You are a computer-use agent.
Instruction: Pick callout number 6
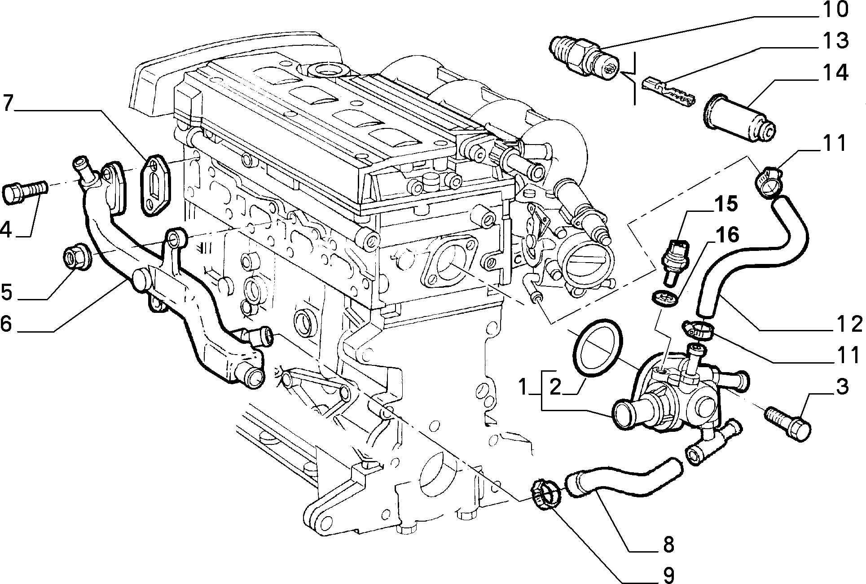click(7, 323)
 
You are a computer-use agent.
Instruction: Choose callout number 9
click(668, 573)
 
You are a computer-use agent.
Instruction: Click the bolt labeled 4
click(25, 194)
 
